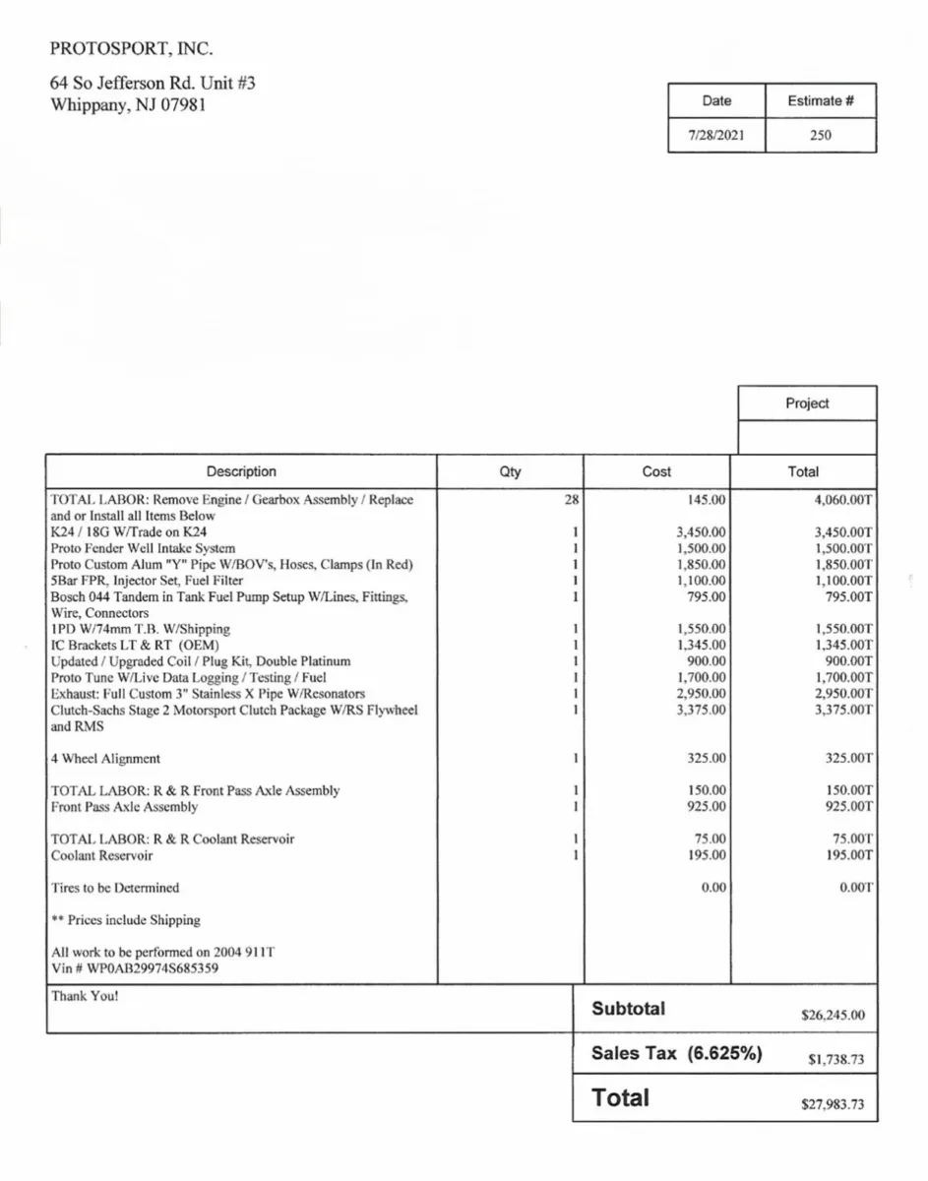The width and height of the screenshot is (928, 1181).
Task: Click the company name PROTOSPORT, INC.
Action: [132, 48]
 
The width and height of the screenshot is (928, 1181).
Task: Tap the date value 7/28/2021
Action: [715, 136]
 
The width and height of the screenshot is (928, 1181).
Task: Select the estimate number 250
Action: [820, 136]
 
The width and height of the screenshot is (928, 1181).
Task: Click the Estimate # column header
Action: [820, 100]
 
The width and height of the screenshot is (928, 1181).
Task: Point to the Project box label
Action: [807, 404]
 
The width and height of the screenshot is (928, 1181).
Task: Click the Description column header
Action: [241, 471]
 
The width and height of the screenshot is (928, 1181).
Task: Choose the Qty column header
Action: [510, 471]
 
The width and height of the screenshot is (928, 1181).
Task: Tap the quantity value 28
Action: [571, 500]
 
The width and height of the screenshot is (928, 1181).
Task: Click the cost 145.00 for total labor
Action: [707, 500]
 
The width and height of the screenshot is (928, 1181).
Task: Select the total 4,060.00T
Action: [843, 500]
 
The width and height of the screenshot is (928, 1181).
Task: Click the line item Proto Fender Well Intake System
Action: [143, 548]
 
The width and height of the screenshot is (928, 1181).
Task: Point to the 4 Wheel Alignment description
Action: [105, 759]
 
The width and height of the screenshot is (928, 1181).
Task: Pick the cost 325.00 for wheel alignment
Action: [707, 759]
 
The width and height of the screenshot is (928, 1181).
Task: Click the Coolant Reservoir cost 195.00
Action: [707, 855]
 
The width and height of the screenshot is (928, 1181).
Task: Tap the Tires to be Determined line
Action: [115, 888]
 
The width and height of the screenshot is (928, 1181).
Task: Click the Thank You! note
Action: [85, 996]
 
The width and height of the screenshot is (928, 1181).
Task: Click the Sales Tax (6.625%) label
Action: [676, 1053]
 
